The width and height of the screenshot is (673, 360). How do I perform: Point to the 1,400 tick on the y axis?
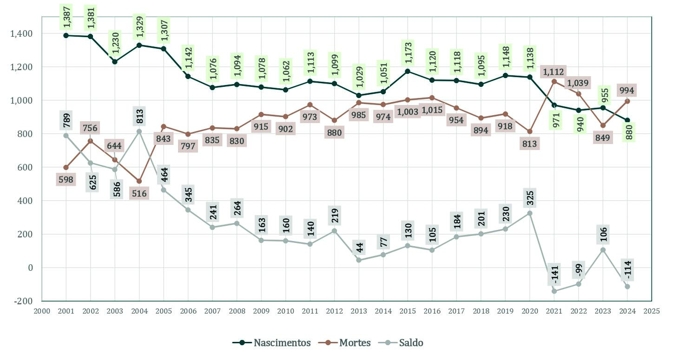(22, 33)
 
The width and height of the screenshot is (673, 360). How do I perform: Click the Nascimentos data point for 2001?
(66, 35)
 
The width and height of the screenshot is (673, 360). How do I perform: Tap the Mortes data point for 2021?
(554, 81)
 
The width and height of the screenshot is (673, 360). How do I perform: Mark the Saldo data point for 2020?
(530, 213)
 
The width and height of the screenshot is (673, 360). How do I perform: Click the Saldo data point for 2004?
(139, 131)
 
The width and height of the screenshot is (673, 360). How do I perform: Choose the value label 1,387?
(66, 16)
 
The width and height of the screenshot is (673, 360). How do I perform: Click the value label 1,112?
(554, 72)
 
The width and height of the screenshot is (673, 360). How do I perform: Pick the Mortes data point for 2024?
(627, 101)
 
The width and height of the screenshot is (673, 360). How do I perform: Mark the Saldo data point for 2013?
(359, 260)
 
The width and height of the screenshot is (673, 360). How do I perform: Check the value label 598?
(66, 179)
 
